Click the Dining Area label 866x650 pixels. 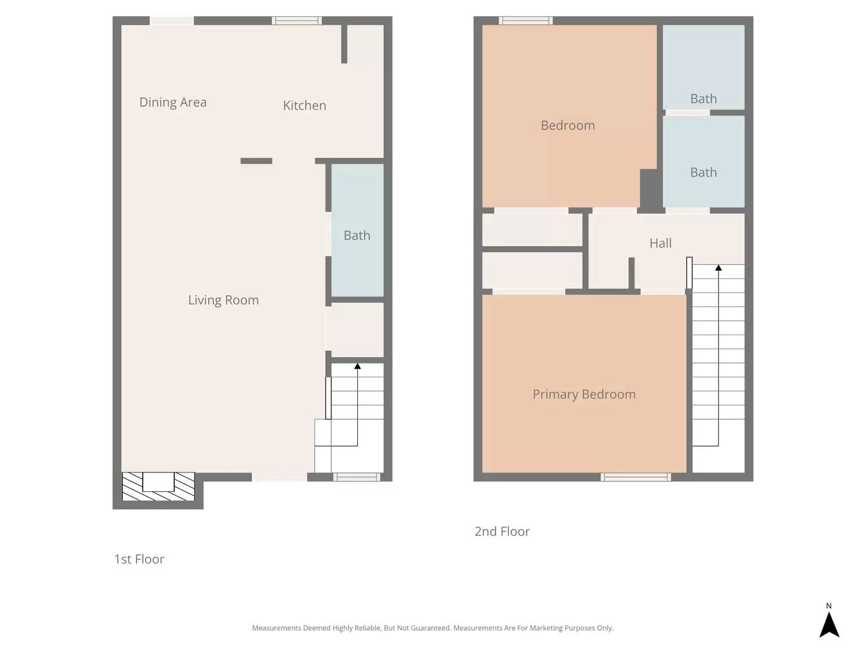pos(173,102)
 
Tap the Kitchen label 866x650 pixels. pos(304,105)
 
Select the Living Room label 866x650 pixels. pos(223,300)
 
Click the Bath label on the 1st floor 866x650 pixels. pos(357,235)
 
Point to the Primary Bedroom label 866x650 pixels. pos(584,394)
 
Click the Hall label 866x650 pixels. pos(660,243)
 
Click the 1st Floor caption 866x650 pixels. pos(139,559)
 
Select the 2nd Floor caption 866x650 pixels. pos(502,531)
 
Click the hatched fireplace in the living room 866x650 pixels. pos(158,486)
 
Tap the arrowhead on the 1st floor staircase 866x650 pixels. pos(357,366)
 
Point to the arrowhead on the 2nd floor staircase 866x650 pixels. pos(718,267)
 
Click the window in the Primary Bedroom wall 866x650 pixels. pos(636,477)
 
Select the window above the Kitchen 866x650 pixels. pos(296,21)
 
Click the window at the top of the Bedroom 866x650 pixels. pos(526,21)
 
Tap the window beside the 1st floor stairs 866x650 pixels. pos(357,477)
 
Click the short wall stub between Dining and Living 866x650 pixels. pos(256,161)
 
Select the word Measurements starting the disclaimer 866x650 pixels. pos(276,628)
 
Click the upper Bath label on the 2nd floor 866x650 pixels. pos(703,99)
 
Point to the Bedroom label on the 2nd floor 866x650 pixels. pos(568,125)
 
